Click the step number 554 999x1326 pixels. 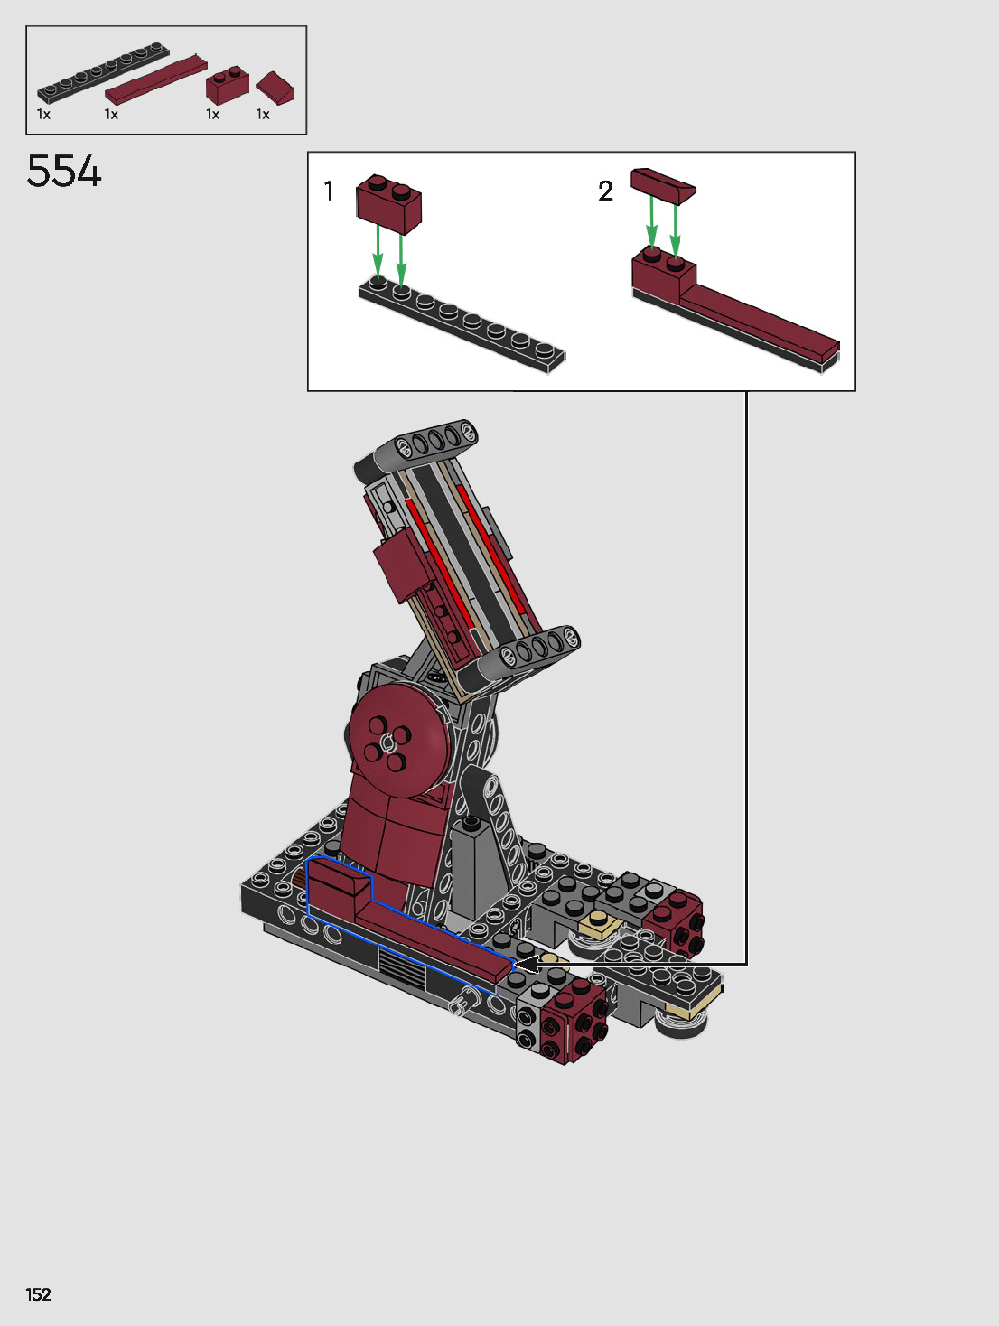[64, 171]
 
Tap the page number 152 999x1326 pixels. [38, 1294]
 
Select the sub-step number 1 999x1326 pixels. [329, 191]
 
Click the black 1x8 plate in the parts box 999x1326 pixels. [103, 72]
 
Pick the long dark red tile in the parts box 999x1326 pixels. [156, 79]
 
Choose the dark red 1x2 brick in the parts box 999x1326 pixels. [227, 85]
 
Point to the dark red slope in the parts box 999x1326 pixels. [275, 89]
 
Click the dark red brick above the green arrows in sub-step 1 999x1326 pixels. [388, 204]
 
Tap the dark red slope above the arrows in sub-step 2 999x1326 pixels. [663, 185]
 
